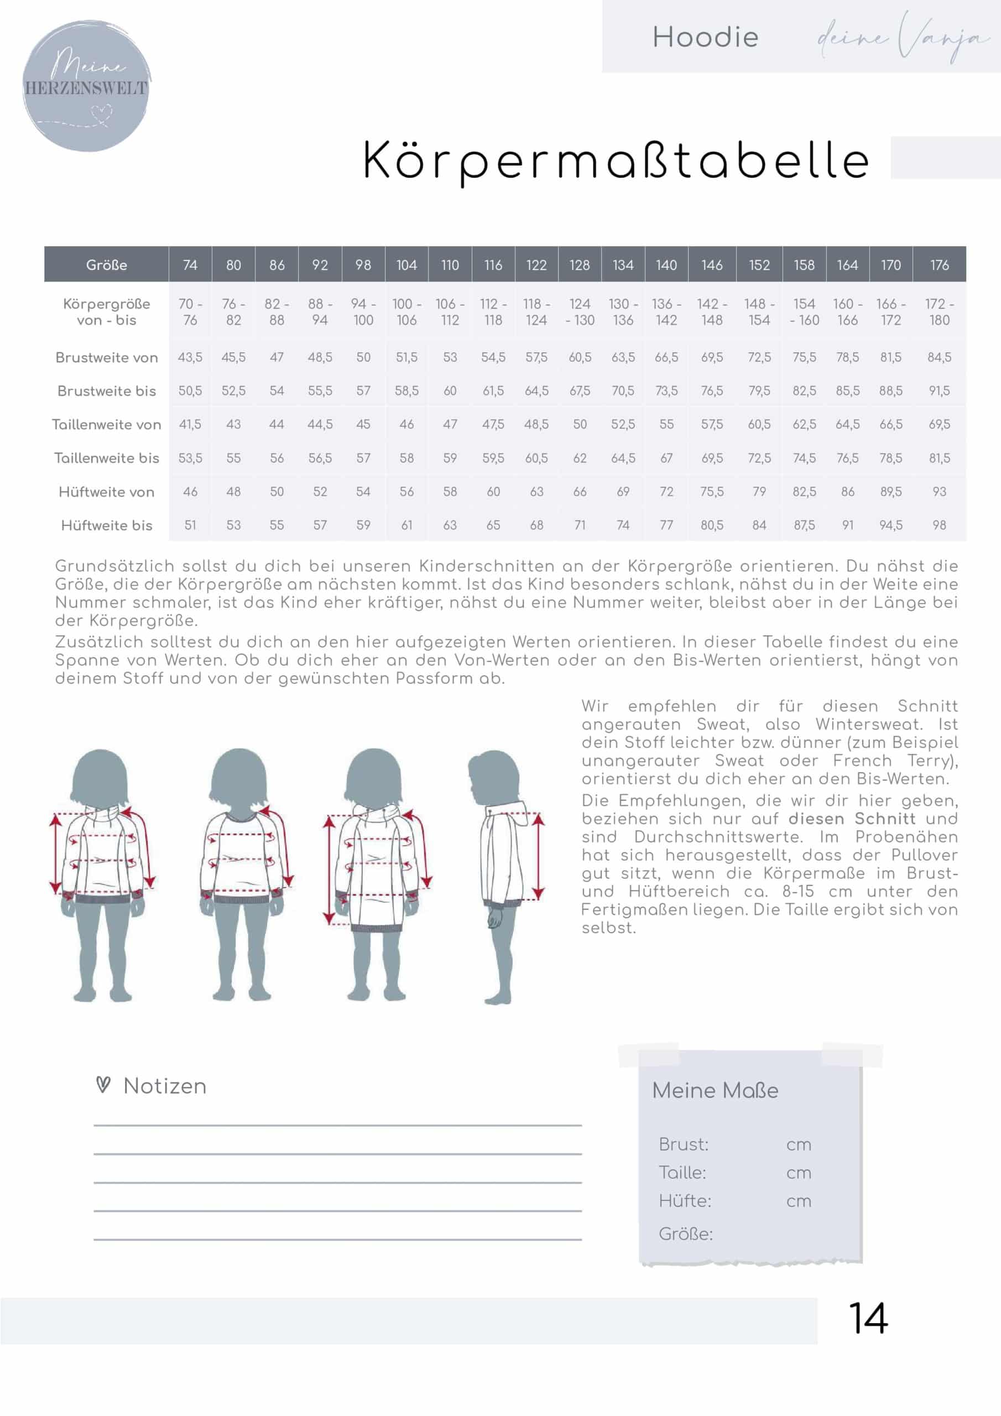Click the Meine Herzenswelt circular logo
[x=86, y=85]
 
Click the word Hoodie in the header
[x=705, y=37]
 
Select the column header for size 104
[x=406, y=265]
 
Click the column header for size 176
[x=939, y=265]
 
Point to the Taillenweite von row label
[x=106, y=424]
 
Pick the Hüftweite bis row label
[x=106, y=525]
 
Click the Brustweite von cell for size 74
[x=190, y=357]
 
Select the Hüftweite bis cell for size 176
[x=939, y=525]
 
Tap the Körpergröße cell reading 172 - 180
[x=939, y=311]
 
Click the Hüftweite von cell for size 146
[x=712, y=492]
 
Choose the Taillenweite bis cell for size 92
[x=320, y=458]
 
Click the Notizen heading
[x=165, y=1086]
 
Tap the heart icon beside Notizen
[x=103, y=1084]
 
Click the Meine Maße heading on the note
[x=715, y=1090]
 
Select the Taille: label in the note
[x=682, y=1173]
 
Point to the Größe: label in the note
[x=685, y=1233]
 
